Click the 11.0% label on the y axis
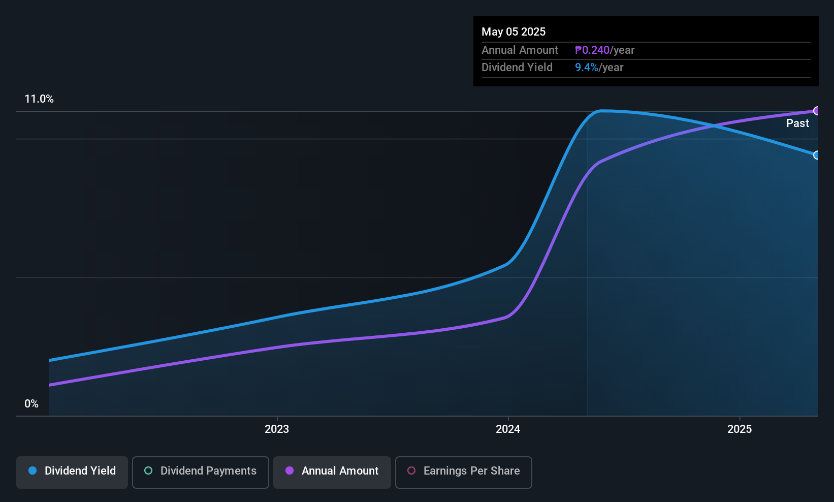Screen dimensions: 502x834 click(39, 99)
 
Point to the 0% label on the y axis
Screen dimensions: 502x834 click(31, 404)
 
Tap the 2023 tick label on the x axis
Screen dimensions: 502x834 click(277, 429)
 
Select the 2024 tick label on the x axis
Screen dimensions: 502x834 click(508, 429)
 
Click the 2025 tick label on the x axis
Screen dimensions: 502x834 click(740, 429)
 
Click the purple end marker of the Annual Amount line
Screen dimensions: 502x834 click(817, 111)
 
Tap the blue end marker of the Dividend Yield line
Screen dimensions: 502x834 click(817, 155)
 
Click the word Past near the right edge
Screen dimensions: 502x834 click(797, 123)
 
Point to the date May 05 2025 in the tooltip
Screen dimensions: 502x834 click(514, 32)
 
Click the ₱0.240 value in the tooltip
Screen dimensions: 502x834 click(592, 50)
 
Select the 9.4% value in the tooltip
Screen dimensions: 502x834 click(586, 68)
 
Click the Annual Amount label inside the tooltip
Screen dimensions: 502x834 click(520, 50)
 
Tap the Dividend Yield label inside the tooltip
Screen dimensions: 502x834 click(517, 68)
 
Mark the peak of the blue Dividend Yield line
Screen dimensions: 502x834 click(602, 110)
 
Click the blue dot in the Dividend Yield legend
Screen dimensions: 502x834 click(33, 470)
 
